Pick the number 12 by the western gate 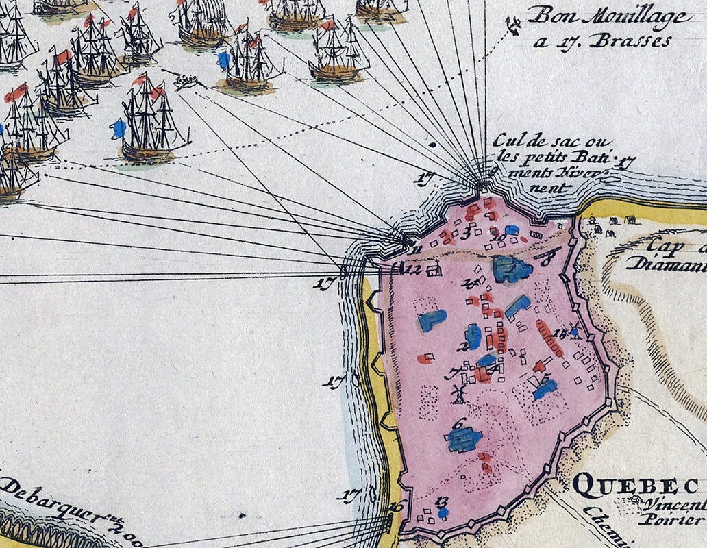point(412,269)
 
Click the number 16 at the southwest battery point(395,508)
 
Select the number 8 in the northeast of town point(547,260)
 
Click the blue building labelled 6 point(464,440)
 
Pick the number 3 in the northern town point(467,232)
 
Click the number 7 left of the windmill point(450,374)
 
